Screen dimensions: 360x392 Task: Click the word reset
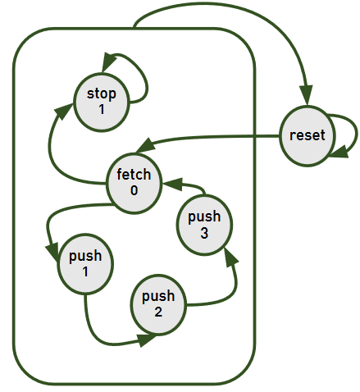click(308, 135)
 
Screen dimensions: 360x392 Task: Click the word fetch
click(134, 174)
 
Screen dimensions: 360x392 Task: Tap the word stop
click(102, 94)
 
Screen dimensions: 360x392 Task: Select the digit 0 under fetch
click(134, 190)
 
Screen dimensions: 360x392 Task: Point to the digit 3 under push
click(204, 233)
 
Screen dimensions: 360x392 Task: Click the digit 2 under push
click(158, 312)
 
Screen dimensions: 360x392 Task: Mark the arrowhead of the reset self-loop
click(339, 152)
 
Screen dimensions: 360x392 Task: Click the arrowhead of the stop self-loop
click(108, 62)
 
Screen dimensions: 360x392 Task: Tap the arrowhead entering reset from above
click(306, 95)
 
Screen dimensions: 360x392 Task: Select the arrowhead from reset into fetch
click(146, 145)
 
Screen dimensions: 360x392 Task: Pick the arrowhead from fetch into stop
click(62, 111)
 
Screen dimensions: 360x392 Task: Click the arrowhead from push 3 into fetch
click(172, 184)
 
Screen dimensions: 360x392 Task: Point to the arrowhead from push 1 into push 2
click(148, 340)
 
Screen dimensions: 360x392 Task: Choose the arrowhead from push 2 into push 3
click(230, 258)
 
